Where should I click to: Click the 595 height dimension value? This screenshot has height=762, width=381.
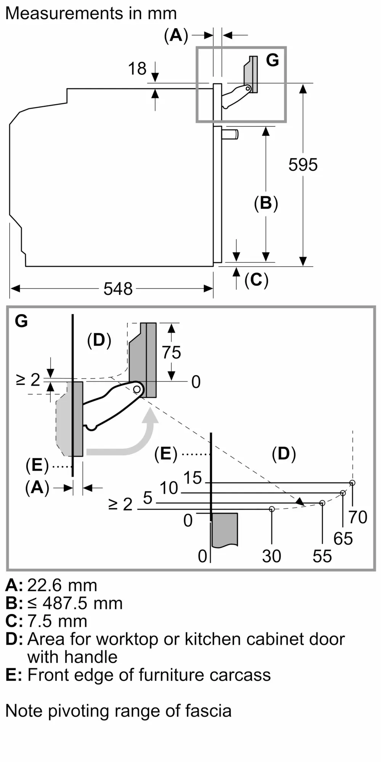[x=303, y=165]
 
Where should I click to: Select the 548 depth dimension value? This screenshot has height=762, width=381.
[x=118, y=289]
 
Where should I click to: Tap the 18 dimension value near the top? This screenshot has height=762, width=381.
[x=137, y=69]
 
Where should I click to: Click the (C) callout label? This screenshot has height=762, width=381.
[x=256, y=280]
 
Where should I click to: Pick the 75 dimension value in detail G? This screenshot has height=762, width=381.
[x=171, y=352]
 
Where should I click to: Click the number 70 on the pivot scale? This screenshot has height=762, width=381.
[x=358, y=517]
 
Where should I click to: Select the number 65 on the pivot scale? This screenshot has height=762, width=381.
[x=343, y=538]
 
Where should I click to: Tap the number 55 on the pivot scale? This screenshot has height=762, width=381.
[x=322, y=556]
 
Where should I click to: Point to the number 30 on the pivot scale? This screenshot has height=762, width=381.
[x=272, y=556]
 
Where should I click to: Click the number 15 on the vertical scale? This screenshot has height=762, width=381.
[x=192, y=478]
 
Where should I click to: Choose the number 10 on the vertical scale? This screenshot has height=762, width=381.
[x=168, y=488]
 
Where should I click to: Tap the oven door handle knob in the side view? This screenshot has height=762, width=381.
[x=231, y=134]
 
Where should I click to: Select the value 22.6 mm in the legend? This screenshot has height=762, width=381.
[x=62, y=585]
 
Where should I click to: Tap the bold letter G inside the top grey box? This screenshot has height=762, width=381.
[x=272, y=60]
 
